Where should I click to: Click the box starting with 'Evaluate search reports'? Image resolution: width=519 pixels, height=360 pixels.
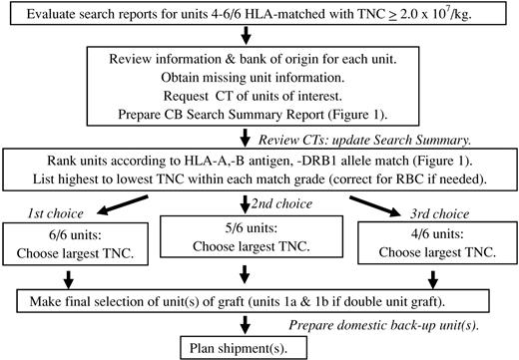pyautogui.click(x=259, y=15)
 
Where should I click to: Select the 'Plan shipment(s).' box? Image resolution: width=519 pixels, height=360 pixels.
pyautogui.click(x=259, y=347)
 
